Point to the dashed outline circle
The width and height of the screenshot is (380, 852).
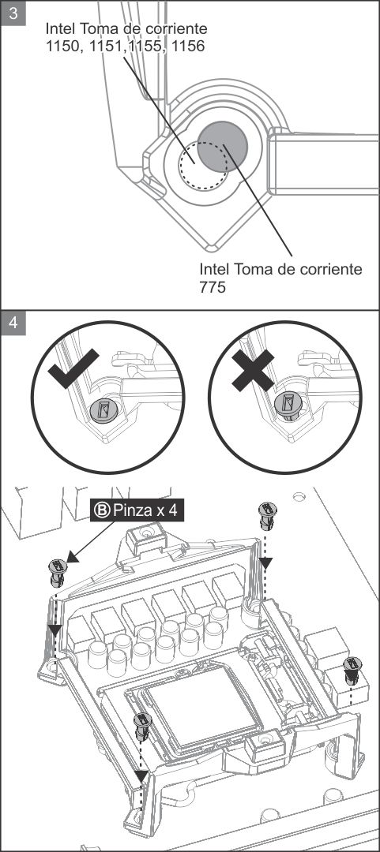coord(204,165)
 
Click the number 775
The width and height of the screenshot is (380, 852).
coord(213,287)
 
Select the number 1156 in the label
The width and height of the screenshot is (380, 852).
coord(187,47)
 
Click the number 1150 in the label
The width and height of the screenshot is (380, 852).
coord(62,47)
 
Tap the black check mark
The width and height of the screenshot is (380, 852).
coord(73,369)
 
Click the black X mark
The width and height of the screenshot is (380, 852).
coord(253,369)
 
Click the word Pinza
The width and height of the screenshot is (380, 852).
coord(130,510)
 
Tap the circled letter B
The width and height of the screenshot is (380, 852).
coord(103,510)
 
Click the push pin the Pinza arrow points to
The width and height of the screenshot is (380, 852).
coord(58,573)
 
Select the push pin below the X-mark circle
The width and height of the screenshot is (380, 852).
coord(267,516)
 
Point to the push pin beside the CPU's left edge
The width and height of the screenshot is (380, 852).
coord(142,727)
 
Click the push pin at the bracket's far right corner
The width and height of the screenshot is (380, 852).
coord(352,670)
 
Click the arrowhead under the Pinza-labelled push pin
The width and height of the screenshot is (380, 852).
coord(55,630)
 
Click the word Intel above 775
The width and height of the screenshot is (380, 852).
coord(215,269)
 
